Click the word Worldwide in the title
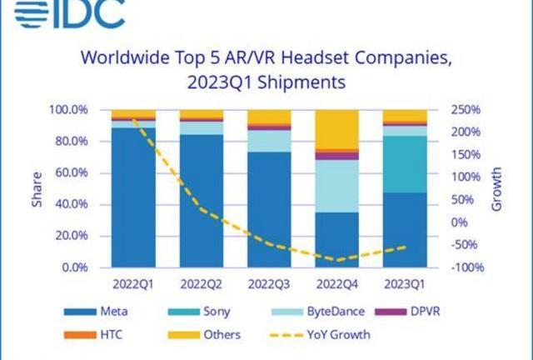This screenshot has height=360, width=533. coord(123,59)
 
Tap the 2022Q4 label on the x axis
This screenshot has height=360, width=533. coord(336,284)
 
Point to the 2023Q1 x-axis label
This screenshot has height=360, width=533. coord(403,284)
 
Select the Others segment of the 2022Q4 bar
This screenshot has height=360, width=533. coord(336,129)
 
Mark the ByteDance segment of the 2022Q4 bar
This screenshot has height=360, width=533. coord(336,186)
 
